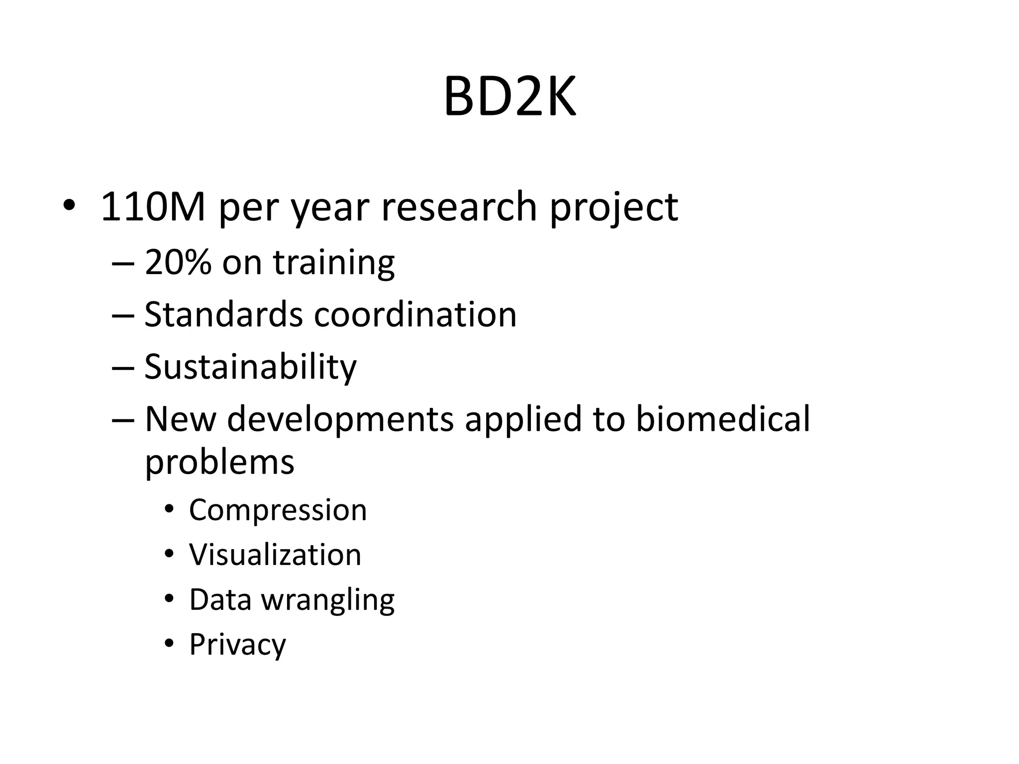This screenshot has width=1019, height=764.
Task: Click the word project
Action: pos(613,208)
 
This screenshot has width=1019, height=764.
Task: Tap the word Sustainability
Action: pos(250,368)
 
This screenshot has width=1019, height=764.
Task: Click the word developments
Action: pos(340,420)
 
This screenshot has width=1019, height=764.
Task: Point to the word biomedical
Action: pos(723,419)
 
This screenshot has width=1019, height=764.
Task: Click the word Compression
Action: pos(278,510)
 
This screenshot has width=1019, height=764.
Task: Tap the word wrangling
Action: pos(328,600)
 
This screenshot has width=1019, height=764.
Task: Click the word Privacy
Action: pos(237,645)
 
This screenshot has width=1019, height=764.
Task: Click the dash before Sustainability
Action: pos(123,368)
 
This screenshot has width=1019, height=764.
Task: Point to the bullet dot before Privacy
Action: pos(169,644)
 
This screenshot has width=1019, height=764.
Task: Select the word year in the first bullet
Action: pos(329,208)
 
